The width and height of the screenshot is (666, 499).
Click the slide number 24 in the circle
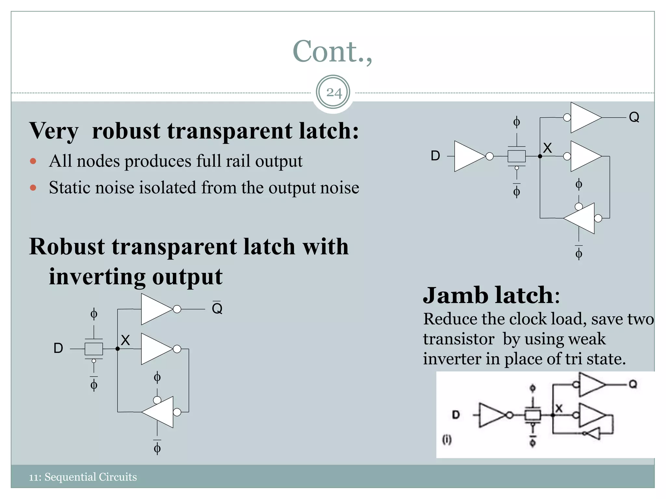tap(334, 93)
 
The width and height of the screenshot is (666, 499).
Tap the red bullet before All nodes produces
tap(33, 161)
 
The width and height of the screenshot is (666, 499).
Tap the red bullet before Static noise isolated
tap(33, 187)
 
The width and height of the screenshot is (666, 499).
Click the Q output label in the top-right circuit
tap(634, 117)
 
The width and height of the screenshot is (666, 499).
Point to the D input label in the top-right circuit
tap(435, 156)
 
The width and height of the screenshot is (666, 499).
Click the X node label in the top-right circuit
tap(547, 148)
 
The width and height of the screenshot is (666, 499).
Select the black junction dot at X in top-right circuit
tap(540, 156)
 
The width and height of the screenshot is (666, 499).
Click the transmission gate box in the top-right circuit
tap(516, 156)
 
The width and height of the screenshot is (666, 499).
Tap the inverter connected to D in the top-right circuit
tap(469, 156)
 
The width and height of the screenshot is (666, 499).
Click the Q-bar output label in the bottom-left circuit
tap(217, 308)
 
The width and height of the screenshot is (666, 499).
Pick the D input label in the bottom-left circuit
tap(58, 348)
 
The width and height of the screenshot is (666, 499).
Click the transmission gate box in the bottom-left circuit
tap(94, 349)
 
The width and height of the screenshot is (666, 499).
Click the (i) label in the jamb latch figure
tap(446, 440)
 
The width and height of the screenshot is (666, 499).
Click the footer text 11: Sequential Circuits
tap(83, 477)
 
